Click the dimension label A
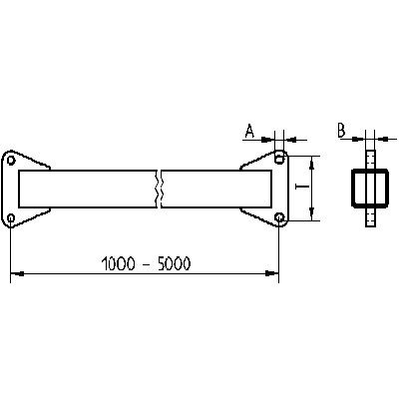click(250, 130)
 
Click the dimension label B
click(342, 130)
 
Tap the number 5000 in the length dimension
click(173, 264)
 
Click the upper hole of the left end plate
click(11, 159)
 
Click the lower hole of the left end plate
click(11, 218)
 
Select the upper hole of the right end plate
click(278, 159)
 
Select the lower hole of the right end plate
click(278, 218)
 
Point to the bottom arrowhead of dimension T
click(313, 214)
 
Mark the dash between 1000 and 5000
click(147, 265)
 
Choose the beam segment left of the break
click(90, 188)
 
